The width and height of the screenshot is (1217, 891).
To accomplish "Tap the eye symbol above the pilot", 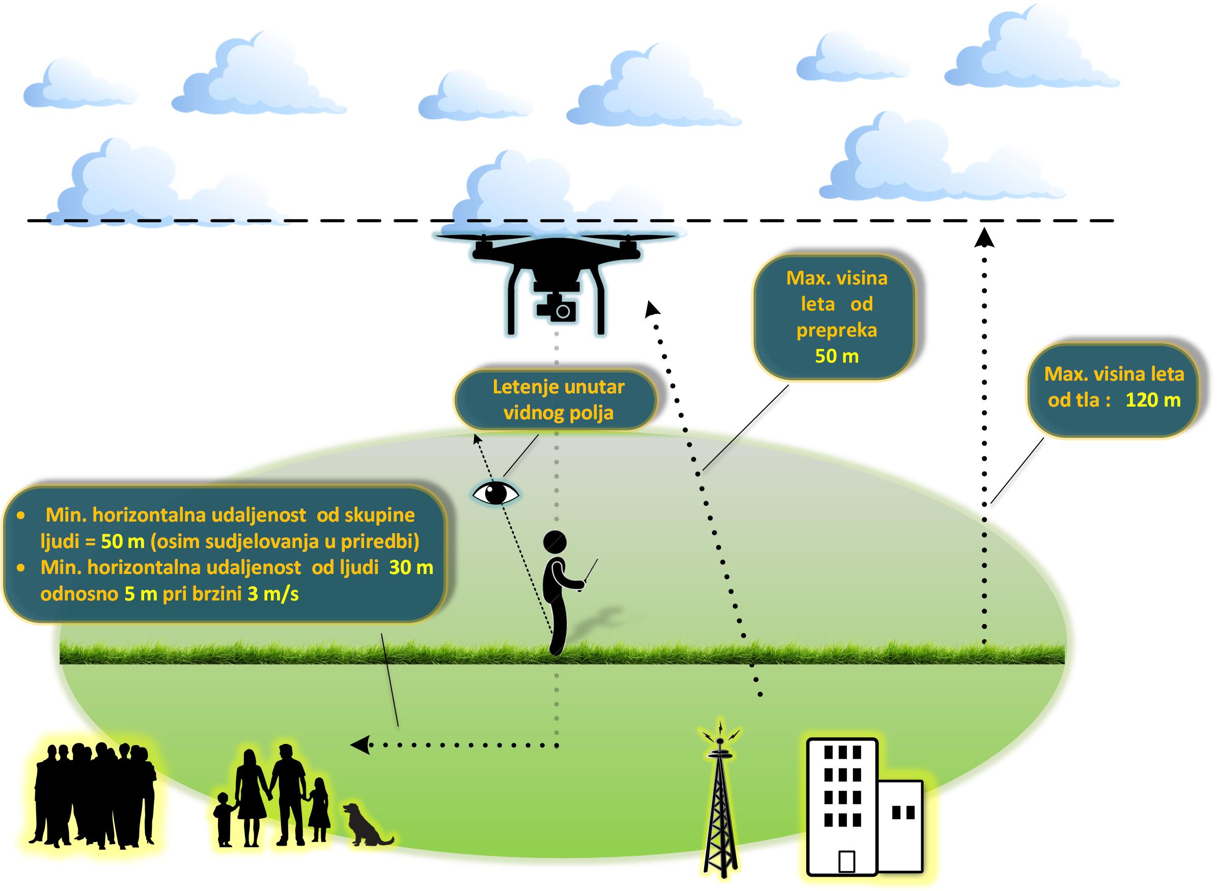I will point(495,493).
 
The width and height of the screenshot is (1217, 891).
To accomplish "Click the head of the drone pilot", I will point(554,541).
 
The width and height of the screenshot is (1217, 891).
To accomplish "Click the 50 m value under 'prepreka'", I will point(837,356).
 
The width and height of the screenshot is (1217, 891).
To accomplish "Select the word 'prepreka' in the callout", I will point(837,330).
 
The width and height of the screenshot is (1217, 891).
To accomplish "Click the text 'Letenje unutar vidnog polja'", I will point(558,399).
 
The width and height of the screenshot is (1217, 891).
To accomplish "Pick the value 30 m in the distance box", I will point(411,567).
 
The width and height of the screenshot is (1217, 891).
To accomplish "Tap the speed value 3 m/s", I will point(272,594).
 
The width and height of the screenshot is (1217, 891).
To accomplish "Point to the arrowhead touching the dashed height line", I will point(984,238).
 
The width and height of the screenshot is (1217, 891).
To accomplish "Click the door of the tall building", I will point(846,861).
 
